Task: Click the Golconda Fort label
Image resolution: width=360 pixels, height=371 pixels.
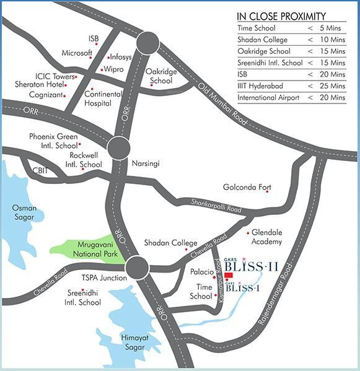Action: click(x=247, y=187)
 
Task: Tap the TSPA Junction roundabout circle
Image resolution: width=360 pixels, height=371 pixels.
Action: click(x=137, y=268)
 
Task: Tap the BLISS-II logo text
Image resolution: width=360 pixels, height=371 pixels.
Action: click(x=251, y=267)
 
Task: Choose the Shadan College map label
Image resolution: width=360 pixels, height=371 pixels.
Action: click(x=170, y=243)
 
